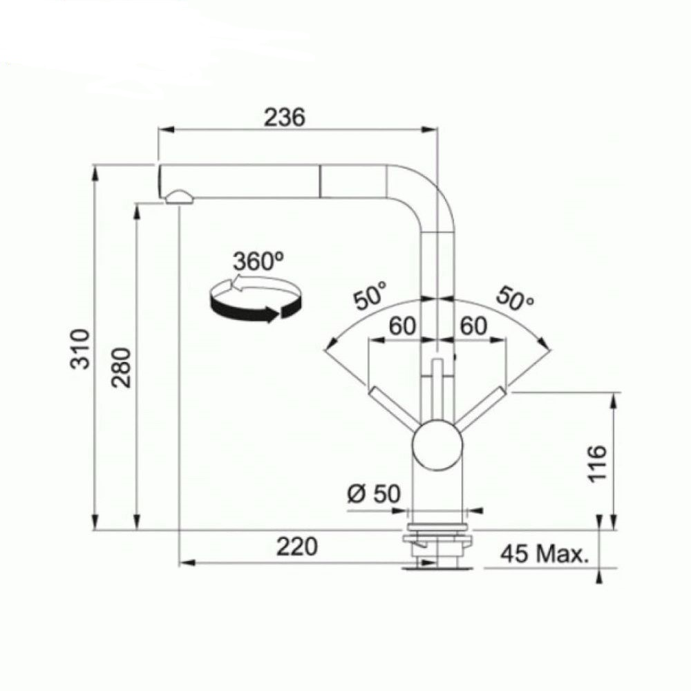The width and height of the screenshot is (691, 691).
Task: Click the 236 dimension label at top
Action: point(284,117)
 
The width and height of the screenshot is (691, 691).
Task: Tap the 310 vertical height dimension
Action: point(81,348)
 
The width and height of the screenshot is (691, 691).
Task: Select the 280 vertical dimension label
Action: point(121,368)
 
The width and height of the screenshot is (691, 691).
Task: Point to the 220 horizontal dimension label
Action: point(296,547)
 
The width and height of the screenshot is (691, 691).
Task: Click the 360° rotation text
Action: point(258,261)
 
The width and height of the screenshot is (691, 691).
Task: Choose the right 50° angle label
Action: point(515,299)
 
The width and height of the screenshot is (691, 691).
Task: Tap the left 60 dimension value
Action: point(402,326)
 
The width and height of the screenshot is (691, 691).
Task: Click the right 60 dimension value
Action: point(474,326)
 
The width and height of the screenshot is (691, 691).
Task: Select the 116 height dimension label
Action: point(598,464)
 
